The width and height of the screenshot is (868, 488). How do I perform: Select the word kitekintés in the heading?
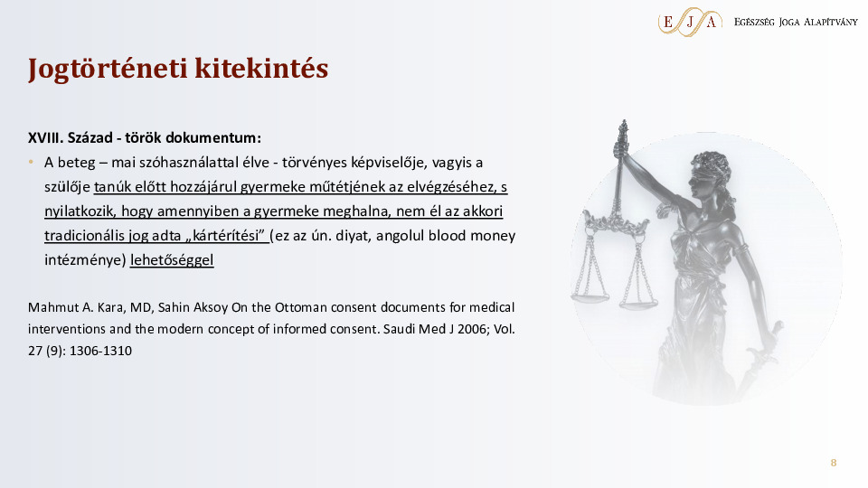(261, 68)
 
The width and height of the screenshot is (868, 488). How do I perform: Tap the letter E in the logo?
(668, 22)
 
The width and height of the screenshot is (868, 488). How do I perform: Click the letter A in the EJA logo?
(712, 22)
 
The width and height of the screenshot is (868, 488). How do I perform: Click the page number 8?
(833, 463)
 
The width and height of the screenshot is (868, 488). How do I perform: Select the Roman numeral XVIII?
(45, 137)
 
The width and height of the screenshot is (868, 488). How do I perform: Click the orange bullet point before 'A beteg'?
(31, 163)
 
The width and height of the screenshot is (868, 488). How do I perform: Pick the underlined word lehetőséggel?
(172, 260)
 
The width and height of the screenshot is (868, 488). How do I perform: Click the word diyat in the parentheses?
(358, 236)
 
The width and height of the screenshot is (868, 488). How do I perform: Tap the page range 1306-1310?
(100, 351)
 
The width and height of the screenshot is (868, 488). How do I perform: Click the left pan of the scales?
(590, 298)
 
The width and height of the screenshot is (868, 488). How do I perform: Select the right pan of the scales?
(638, 303)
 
